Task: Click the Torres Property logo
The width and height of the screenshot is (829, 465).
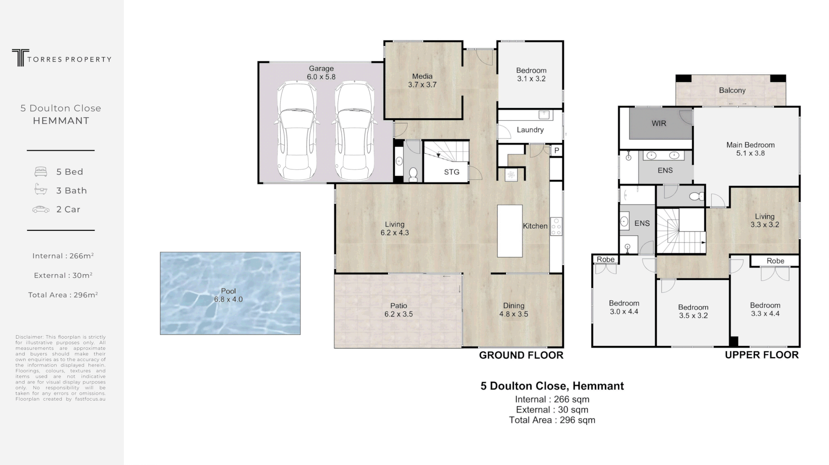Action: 61,58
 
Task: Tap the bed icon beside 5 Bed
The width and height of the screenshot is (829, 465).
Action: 41,172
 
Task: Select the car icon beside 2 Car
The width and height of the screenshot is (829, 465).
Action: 41,210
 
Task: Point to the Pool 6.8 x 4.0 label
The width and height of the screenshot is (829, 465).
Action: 228,295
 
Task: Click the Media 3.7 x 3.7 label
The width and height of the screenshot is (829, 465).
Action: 422,81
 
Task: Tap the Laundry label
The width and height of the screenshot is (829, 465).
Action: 530,130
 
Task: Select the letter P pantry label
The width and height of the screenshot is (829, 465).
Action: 557,151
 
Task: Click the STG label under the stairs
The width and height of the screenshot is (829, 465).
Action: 452,172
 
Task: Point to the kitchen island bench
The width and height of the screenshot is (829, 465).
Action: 509,231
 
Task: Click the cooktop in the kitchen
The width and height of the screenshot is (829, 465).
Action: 556,226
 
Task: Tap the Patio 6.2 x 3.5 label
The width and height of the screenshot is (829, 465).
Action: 399,310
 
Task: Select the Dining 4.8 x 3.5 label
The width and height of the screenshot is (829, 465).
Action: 513,310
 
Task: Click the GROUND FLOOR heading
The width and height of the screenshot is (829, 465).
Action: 521,355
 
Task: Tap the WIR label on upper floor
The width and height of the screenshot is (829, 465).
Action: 658,123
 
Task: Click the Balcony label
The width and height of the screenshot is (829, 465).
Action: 732,91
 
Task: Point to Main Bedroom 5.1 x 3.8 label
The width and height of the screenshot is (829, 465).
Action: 750,149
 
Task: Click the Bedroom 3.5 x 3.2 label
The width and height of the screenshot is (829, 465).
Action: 693,311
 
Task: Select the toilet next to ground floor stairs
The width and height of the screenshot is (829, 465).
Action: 413,173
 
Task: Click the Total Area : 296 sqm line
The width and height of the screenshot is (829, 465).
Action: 552,420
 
